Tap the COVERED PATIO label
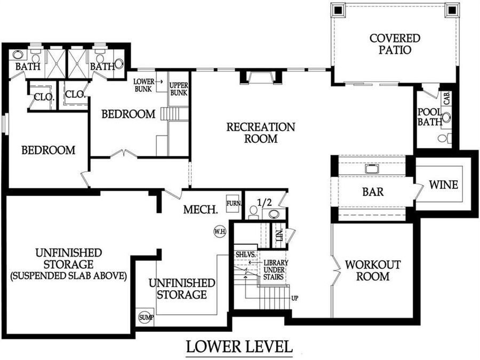[395, 44]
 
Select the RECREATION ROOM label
[260, 133]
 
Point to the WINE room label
[443, 185]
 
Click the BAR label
[373, 191]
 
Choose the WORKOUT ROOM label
[373, 270]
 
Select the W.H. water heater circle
[219, 231]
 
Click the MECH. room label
[201, 210]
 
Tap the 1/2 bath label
[265, 202]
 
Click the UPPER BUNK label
[178, 89]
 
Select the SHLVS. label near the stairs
[244, 255]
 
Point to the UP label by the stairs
[295, 298]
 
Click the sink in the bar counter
[372, 169]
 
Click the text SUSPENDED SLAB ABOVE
[68, 276]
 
